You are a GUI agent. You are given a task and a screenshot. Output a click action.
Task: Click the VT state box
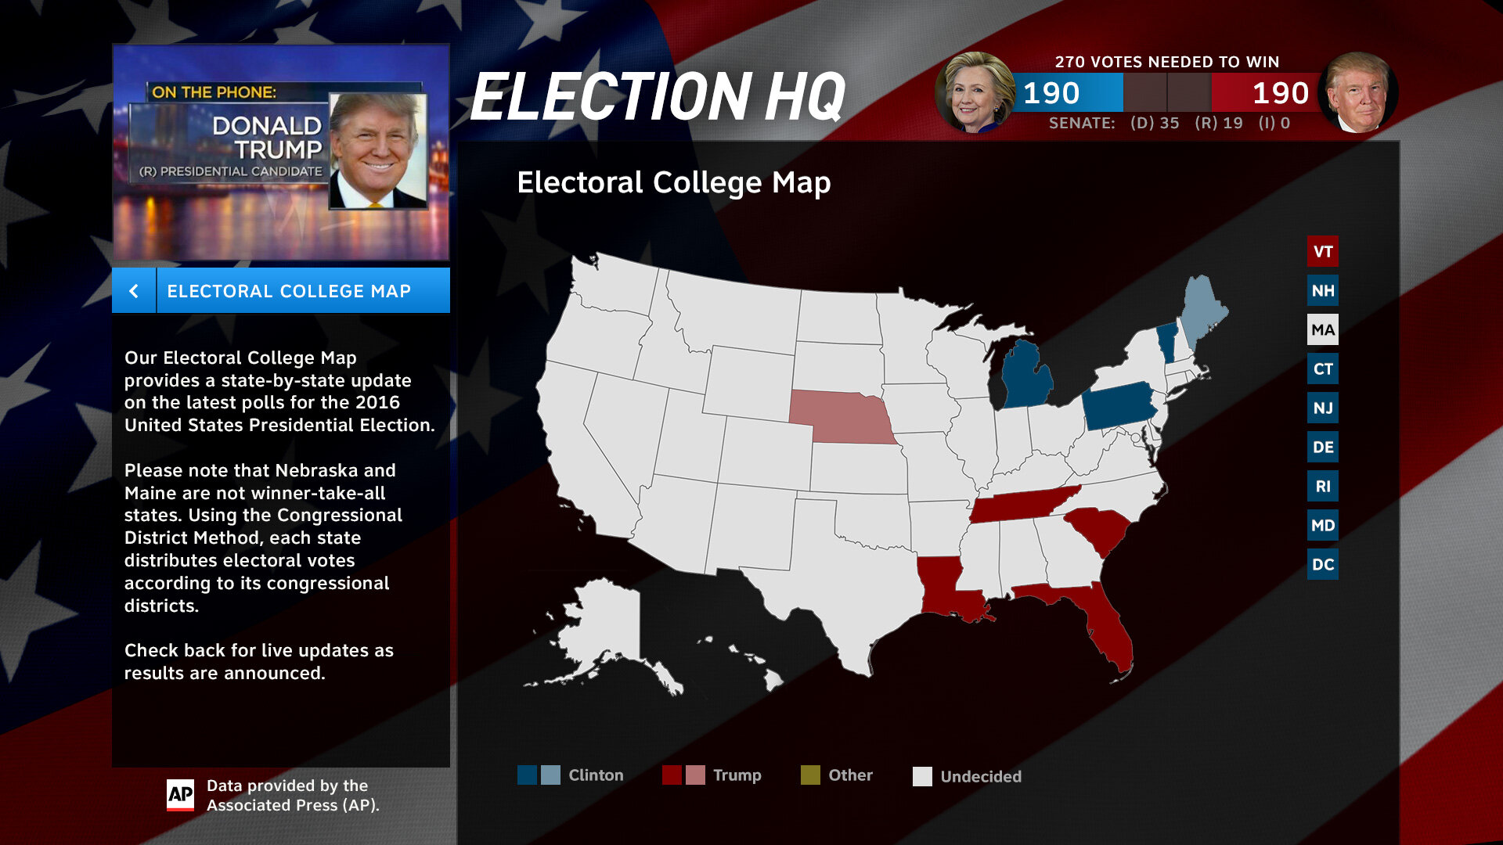[1322, 251]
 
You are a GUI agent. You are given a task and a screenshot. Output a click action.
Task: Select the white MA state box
[1322, 329]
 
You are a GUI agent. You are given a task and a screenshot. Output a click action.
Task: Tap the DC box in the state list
[1322, 564]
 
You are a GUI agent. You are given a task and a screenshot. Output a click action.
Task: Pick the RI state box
[1322, 486]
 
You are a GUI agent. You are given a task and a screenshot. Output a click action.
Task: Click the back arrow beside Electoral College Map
[134, 291]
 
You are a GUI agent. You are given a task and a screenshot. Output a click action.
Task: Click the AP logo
[181, 795]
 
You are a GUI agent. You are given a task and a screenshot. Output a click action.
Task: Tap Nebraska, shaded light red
[845, 415]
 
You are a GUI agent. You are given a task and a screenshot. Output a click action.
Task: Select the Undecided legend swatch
[922, 776]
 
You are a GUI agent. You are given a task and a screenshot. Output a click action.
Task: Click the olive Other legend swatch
[810, 775]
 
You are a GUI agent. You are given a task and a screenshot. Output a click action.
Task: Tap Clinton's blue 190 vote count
[1051, 93]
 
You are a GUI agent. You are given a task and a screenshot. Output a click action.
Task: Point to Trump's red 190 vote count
[1280, 93]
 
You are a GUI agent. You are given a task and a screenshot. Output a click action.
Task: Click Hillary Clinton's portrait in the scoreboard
[974, 93]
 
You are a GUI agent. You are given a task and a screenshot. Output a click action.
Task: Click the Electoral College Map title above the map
[673, 182]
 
